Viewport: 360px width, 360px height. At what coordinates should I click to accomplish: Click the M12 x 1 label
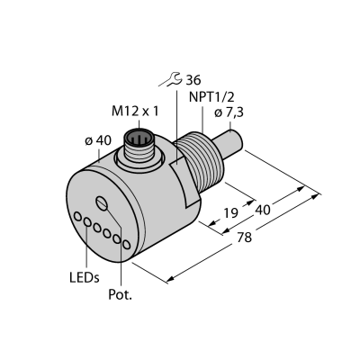(x=135, y=112)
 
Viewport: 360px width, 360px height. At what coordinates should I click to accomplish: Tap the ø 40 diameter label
(x=98, y=140)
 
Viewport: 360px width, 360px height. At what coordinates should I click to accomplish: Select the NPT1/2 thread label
(x=211, y=97)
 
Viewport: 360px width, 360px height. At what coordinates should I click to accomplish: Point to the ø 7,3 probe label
(x=229, y=113)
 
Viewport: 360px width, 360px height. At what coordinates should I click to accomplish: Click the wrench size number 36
(x=193, y=80)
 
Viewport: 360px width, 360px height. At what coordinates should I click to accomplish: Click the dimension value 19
(x=230, y=212)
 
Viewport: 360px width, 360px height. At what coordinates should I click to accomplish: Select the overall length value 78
(x=244, y=238)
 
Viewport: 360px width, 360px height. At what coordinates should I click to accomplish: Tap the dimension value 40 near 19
(x=263, y=210)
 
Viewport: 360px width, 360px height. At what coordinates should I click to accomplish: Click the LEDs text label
(x=85, y=278)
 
